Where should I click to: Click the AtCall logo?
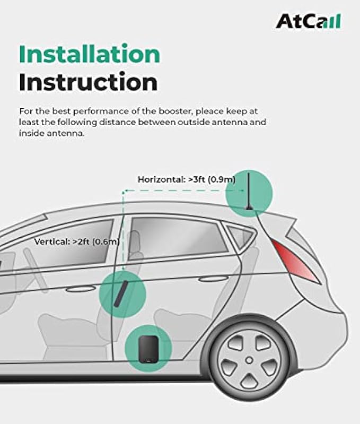click(308, 21)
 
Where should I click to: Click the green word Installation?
click(89, 55)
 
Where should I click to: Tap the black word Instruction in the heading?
click(88, 82)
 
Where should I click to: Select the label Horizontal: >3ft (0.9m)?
click(187, 179)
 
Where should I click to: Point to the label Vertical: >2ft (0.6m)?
click(76, 241)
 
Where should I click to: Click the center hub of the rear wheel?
click(248, 360)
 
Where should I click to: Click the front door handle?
click(81, 289)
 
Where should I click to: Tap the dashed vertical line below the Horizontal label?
click(123, 223)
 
